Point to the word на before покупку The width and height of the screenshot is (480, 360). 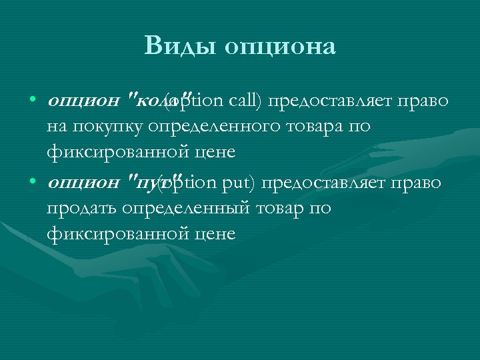(55, 127)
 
